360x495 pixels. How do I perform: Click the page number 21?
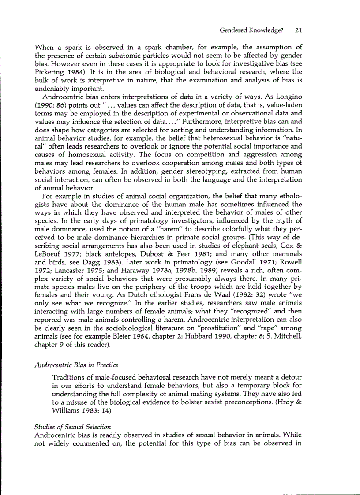pyautogui.click(x=298, y=30)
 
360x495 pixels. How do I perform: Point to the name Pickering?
pyautogui.click(x=49, y=63)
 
